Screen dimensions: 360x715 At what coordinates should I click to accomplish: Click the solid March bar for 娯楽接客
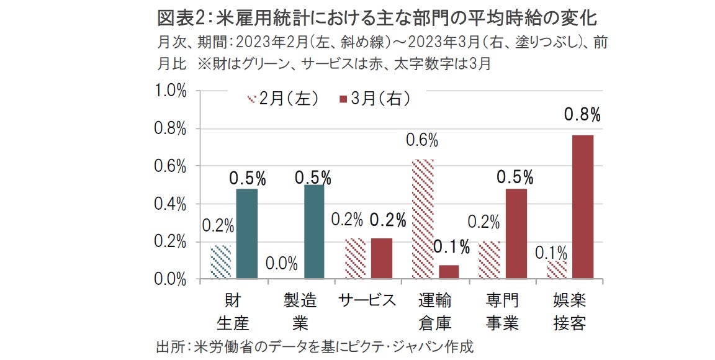tap(582, 207)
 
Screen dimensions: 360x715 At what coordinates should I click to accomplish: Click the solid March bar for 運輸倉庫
tap(448, 272)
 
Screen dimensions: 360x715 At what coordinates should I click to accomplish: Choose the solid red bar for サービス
tap(381, 258)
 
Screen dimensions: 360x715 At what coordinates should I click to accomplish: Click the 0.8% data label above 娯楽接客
tap(582, 114)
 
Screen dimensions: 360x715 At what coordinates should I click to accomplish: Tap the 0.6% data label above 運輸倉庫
tap(422, 140)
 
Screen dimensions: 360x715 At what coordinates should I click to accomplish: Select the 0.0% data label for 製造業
tap(281, 263)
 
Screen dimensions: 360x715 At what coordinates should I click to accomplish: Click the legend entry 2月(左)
tap(283, 98)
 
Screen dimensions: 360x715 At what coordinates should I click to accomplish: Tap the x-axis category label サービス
tap(367, 301)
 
